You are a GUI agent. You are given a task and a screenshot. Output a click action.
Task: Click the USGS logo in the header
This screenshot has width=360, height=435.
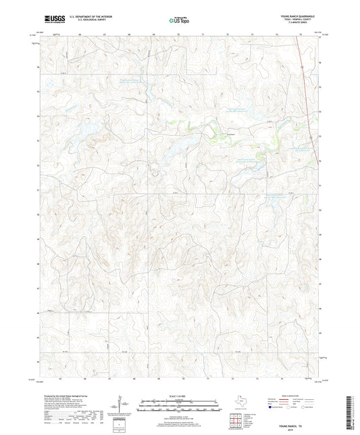(x=50, y=18)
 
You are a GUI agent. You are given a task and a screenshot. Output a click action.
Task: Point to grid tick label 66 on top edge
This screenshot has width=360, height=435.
(x=80, y=33)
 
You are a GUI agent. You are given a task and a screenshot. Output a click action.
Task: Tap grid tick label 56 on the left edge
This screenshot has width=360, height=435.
(x=38, y=66)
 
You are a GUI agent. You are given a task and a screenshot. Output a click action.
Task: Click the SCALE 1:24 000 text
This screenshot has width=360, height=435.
(x=179, y=394)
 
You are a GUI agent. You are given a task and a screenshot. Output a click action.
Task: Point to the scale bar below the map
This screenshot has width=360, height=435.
(x=179, y=405)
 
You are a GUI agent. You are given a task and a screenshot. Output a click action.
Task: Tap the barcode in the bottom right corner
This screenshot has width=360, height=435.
(x=349, y=413)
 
